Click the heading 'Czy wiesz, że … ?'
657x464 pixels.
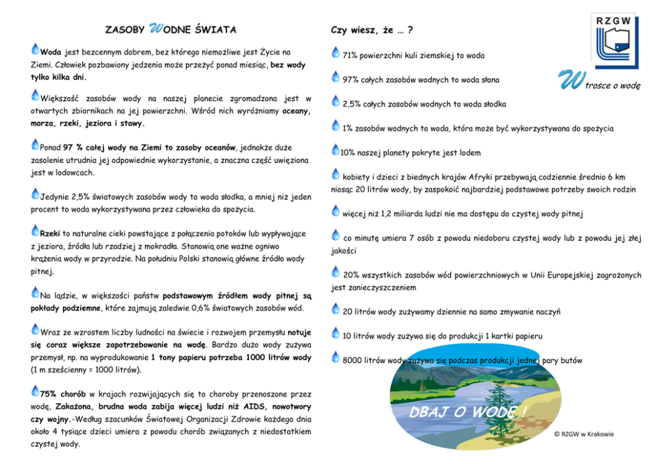click(x=372, y=30)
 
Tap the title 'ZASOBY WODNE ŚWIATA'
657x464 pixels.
click(x=170, y=30)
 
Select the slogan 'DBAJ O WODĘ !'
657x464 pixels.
click(x=468, y=413)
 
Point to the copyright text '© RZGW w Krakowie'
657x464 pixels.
click(x=583, y=434)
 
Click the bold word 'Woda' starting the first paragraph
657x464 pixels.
click(x=51, y=52)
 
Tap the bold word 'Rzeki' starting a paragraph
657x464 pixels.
click(x=51, y=234)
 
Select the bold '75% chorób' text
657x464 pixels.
click(x=63, y=393)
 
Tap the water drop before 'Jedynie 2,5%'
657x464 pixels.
click(x=36, y=194)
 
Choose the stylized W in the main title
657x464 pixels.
click(x=156, y=28)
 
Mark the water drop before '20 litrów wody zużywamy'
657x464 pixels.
click(x=336, y=309)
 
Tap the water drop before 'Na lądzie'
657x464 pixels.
click(x=36, y=291)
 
